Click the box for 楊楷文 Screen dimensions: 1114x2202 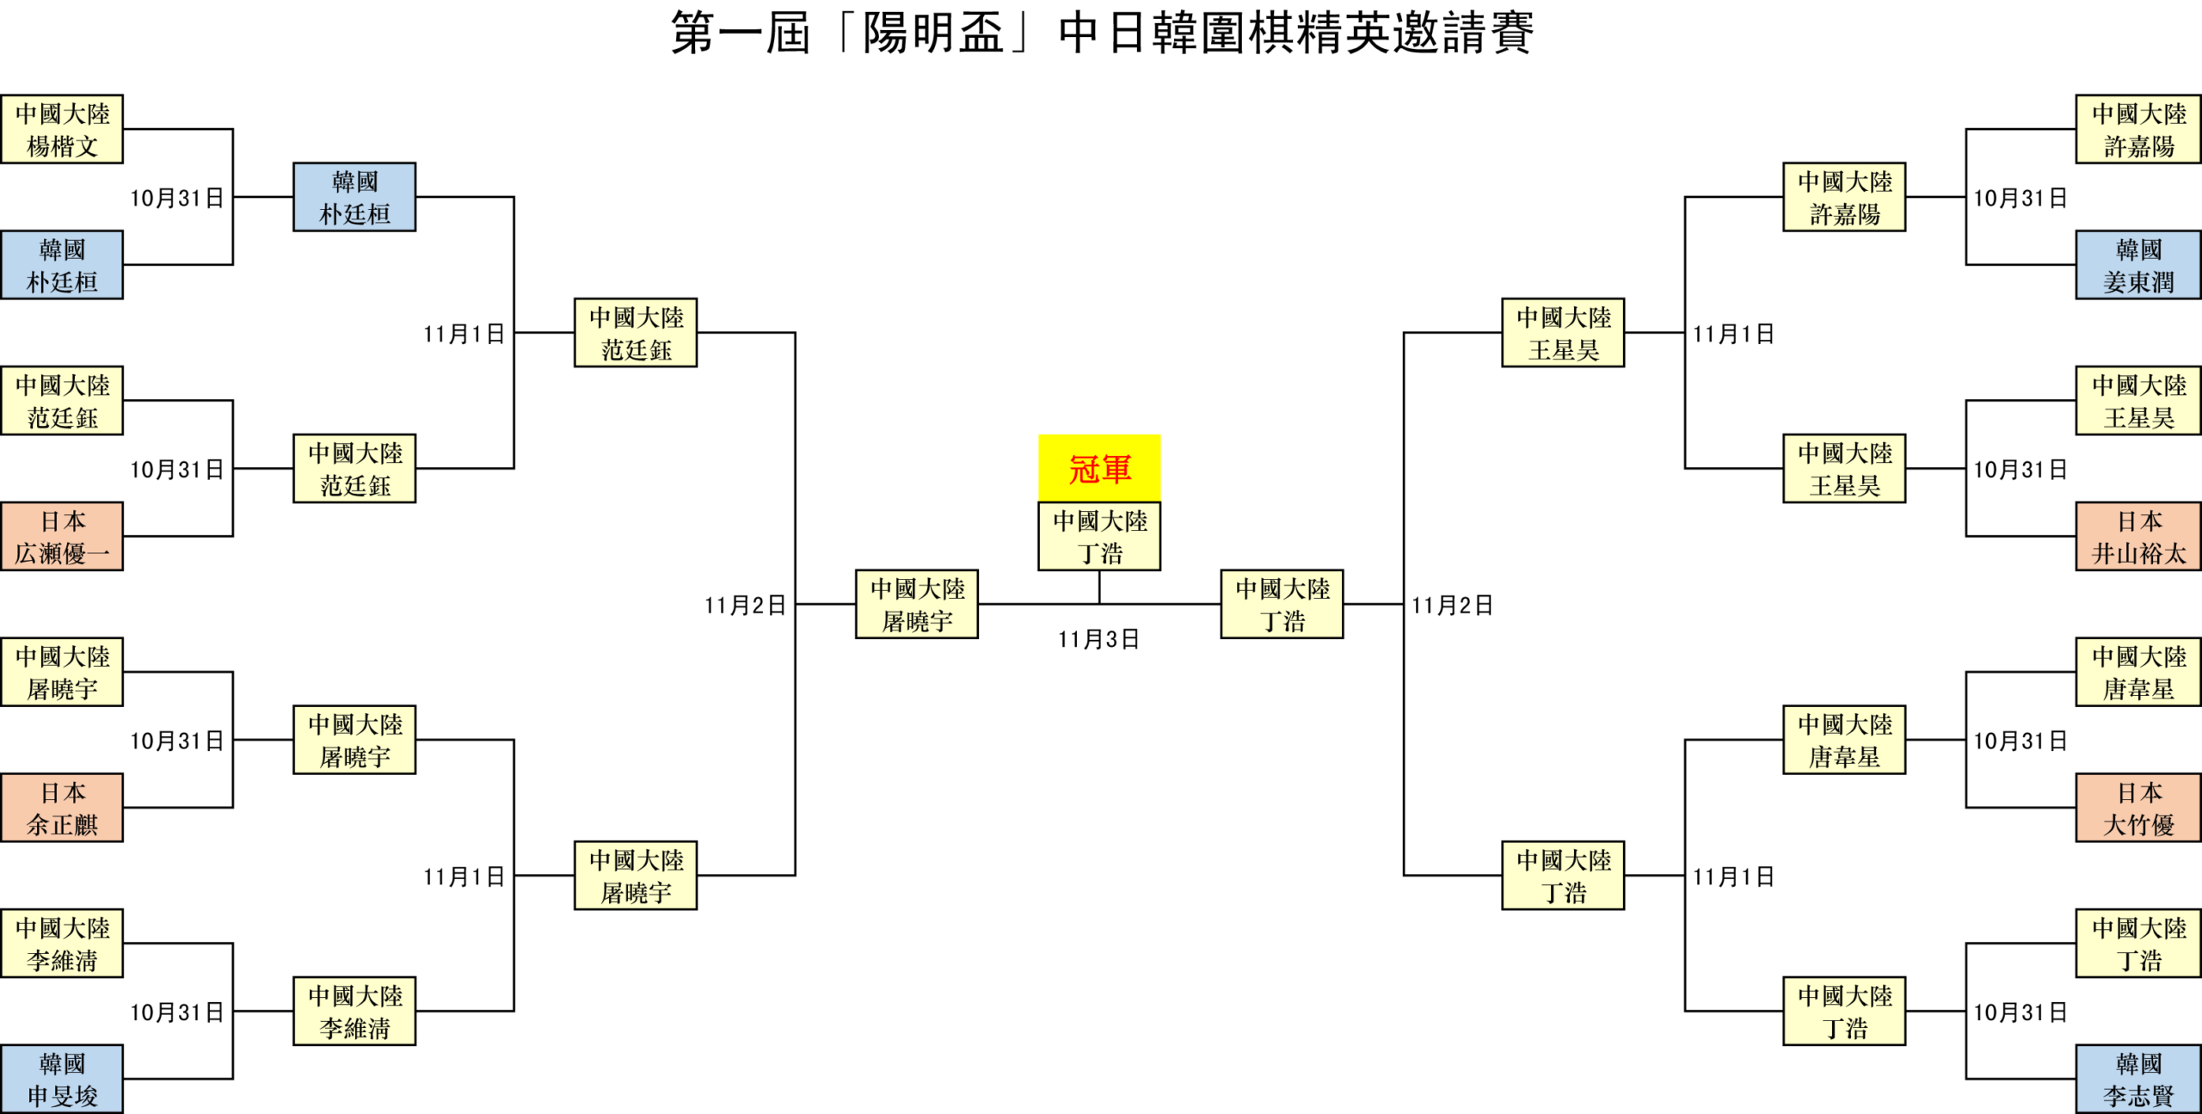62,129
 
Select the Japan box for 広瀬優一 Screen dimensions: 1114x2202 62,537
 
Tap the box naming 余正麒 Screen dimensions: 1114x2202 62,808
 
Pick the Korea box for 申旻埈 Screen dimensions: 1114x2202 62,1080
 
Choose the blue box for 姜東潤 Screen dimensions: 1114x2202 2138,265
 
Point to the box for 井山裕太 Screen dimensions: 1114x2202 2138,537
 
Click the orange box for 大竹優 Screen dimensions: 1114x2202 2138,808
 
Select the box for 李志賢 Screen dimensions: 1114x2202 2138,1080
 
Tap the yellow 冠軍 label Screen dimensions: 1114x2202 1099,469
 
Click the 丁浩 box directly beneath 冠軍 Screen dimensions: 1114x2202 1099,537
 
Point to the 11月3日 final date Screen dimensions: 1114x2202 1098,639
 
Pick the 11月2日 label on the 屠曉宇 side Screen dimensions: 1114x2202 745,606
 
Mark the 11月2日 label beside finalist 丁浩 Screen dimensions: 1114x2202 1452,606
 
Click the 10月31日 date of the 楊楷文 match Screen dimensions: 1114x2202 176,199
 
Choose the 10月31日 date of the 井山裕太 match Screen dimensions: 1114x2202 2020,470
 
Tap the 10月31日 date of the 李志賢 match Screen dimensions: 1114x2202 2020,1012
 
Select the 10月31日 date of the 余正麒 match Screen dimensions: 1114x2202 176,742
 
